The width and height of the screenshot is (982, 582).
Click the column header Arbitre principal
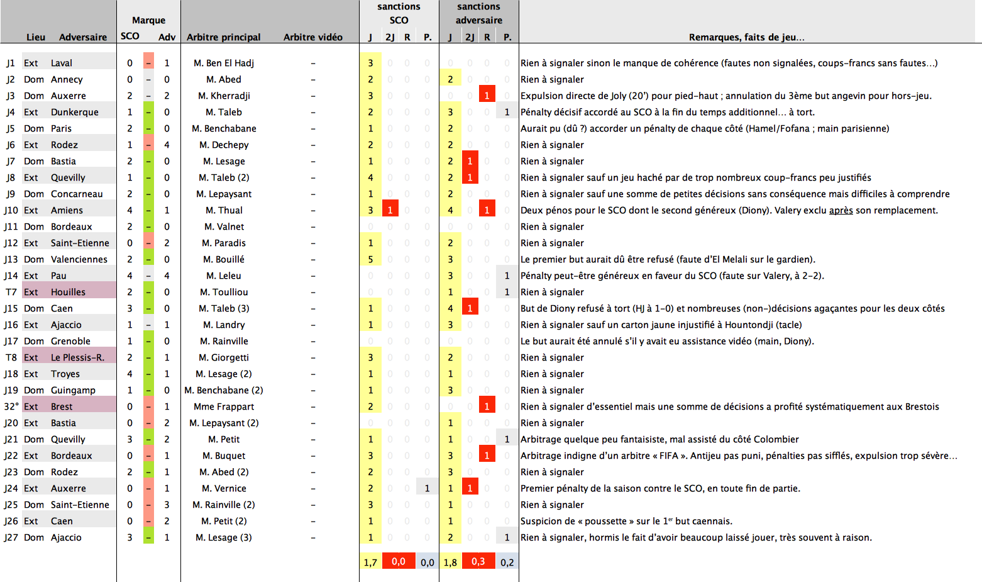223,37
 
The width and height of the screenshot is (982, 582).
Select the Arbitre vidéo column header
312,37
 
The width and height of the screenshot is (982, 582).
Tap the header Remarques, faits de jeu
746,37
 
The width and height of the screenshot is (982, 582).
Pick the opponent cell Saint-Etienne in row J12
80,243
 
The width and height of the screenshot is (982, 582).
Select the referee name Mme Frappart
224,406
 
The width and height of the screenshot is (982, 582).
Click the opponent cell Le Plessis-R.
77,357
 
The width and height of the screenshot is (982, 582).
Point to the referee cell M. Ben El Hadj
224,63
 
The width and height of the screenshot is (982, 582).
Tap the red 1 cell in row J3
487,96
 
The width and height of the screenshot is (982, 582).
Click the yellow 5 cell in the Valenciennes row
370,259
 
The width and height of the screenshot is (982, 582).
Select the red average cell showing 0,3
478,561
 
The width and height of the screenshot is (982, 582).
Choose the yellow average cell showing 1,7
370,562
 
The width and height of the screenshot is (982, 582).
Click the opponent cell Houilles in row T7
68,292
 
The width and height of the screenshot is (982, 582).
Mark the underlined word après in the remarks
841,210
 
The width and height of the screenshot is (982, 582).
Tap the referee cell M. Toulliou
224,292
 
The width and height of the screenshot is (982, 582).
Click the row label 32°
11,406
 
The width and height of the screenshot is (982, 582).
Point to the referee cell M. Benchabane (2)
224,390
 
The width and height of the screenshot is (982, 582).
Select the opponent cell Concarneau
77,194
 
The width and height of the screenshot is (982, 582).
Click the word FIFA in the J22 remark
666,456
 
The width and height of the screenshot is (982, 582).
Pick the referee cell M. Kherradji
224,96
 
